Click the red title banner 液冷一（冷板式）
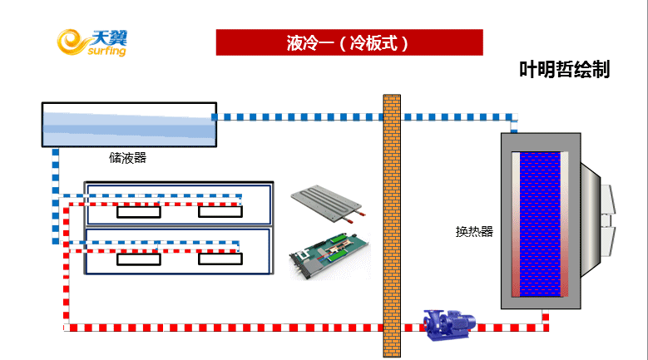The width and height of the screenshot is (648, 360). (349, 42)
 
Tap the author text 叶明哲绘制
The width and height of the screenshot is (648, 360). (564, 70)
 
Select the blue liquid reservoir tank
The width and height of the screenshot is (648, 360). (128, 124)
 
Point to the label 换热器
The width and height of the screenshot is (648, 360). (474, 231)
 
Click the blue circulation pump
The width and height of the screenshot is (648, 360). (448, 324)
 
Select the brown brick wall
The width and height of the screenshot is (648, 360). (392, 224)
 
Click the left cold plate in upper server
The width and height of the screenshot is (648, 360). (139, 212)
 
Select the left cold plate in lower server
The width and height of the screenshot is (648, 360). (139, 259)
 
